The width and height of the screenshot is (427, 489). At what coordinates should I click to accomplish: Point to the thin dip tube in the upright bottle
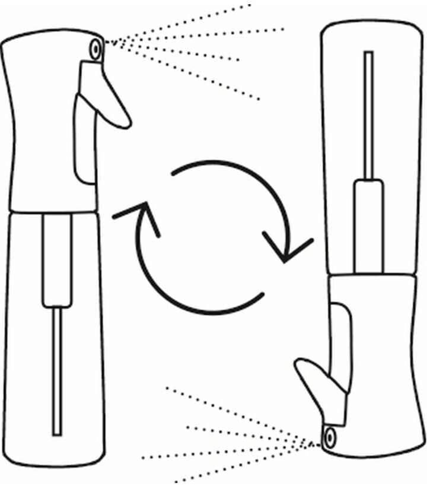pyautogui.click(x=57, y=368)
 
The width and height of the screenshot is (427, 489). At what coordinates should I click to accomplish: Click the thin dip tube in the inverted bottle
pyautogui.click(x=368, y=113)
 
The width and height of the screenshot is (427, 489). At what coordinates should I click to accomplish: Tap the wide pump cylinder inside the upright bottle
pyautogui.click(x=57, y=261)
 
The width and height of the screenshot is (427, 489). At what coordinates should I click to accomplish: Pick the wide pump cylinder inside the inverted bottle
pyautogui.click(x=368, y=226)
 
